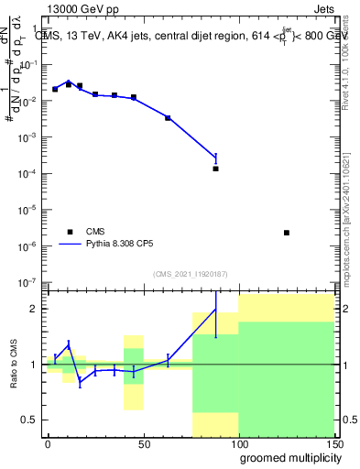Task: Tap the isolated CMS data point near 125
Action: pyautogui.click(x=287, y=233)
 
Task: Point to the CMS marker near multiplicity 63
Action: pyautogui.click(x=168, y=118)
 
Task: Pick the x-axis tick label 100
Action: pyautogui.click(x=238, y=443)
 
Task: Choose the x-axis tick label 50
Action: pyautogui.click(x=144, y=443)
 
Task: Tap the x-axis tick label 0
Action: pyautogui.click(x=48, y=443)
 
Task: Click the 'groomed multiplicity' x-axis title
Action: pyautogui.click(x=288, y=457)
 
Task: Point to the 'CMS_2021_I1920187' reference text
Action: pyautogui.click(x=190, y=273)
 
